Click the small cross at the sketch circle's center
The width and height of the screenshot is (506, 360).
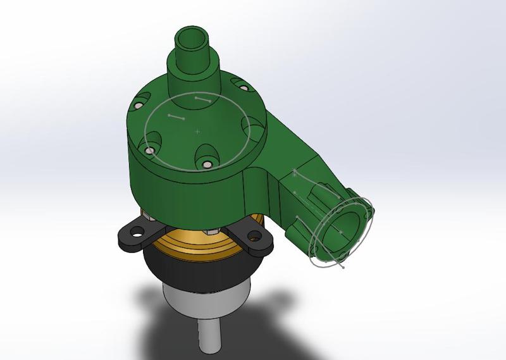point(197,132)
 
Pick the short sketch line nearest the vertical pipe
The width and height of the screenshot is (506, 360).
point(203,100)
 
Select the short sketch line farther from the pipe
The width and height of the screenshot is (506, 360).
point(176,117)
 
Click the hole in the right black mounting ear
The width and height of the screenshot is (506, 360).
point(254,237)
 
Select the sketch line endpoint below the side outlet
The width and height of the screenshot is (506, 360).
point(343,267)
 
